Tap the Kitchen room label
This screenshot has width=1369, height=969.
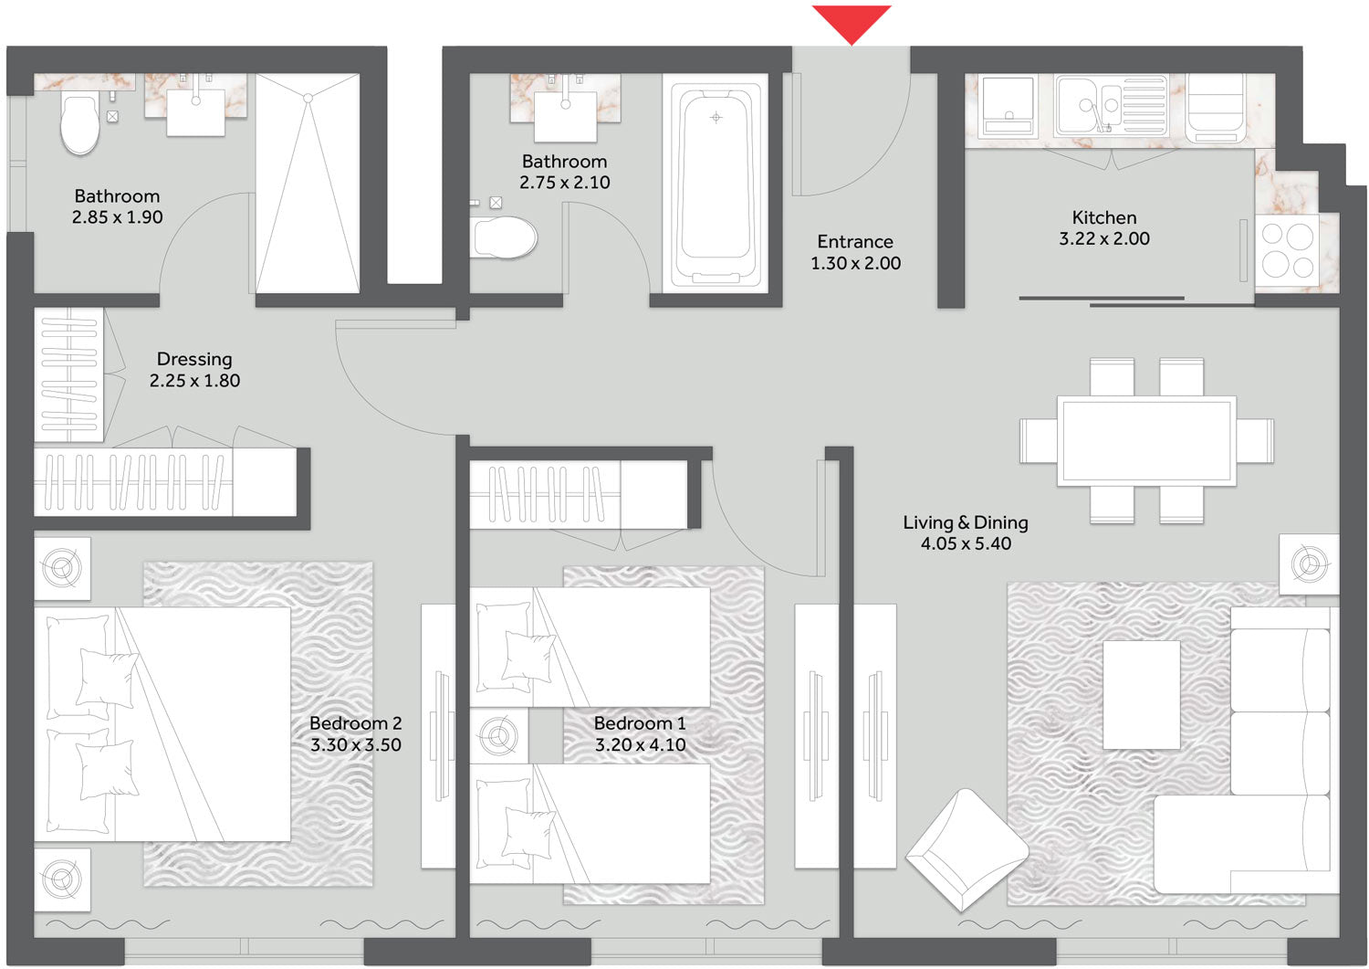tap(1104, 217)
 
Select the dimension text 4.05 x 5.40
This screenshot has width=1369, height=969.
tap(966, 543)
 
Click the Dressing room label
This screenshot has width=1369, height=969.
tap(194, 359)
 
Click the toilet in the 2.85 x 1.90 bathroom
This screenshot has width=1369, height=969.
tap(80, 124)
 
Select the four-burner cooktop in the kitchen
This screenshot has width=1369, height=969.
tap(1287, 250)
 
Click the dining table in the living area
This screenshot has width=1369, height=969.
tap(1146, 440)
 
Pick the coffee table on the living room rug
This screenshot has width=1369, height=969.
tap(1141, 694)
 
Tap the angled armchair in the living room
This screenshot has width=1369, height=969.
tap(967, 850)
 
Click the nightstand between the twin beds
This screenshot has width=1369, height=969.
tap(499, 736)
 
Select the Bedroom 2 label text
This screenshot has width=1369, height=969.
tap(356, 723)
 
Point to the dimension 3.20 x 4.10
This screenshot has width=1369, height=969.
tap(640, 744)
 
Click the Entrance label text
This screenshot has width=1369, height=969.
tap(855, 242)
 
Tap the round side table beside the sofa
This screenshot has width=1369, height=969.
tap(1309, 564)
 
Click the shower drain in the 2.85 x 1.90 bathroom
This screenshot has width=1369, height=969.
tap(308, 98)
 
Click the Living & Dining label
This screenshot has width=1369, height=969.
tap(966, 522)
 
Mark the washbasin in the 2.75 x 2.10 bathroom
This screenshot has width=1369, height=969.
tap(566, 117)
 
